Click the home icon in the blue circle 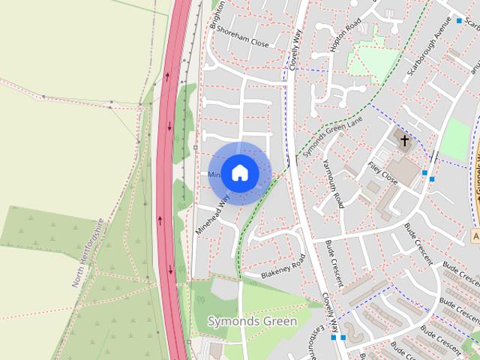(239, 172)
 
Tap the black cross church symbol (404, 140)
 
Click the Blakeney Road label (283, 268)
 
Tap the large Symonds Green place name (252, 322)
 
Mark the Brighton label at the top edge (218, 14)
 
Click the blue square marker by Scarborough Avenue (460, 21)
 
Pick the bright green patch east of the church (454, 139)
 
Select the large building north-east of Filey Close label (405, 171)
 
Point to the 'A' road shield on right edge (476, 235)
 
